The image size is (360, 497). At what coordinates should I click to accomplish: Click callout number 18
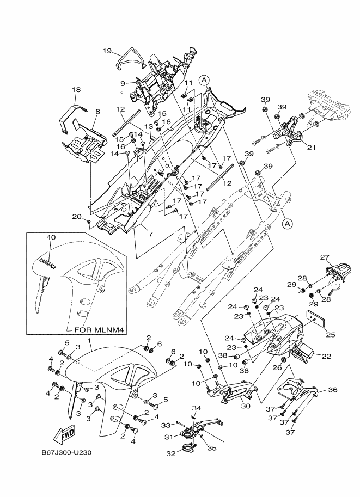tap(76, 89)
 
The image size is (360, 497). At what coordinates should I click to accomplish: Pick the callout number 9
tap(123, 83)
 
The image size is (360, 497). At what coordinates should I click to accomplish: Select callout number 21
tap(311, 146)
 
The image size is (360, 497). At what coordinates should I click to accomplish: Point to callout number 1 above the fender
tap(90, 340)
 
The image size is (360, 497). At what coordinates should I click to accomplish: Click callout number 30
tap(245, 406)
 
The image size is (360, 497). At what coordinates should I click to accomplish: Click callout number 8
tap(97, 111)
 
